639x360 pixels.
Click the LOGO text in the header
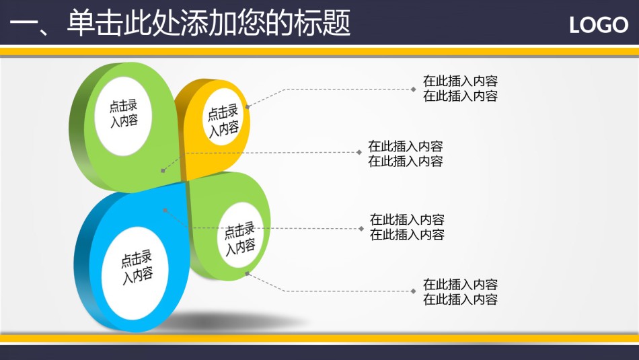pos(598,26)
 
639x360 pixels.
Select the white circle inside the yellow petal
pos(223,117)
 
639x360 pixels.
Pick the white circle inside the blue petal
pos(135,273)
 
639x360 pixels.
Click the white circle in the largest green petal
pos(123,116)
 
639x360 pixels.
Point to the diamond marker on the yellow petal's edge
pos(248,107)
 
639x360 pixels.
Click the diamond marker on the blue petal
pos(165,211)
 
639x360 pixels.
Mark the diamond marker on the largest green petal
pos(163,170)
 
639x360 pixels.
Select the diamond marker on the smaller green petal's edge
pos(247,274)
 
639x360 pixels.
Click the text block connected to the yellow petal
pos(460,88)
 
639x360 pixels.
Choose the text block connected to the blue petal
pos(407,227)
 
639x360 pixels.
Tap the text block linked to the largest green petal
pos(405,153)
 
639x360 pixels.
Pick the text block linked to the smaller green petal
pos(460,292)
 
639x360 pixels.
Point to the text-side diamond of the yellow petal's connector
pos(413,89)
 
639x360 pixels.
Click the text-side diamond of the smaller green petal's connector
pos(413,291)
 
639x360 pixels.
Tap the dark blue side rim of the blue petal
pos(83,265)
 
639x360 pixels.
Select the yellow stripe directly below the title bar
pos(319,51)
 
